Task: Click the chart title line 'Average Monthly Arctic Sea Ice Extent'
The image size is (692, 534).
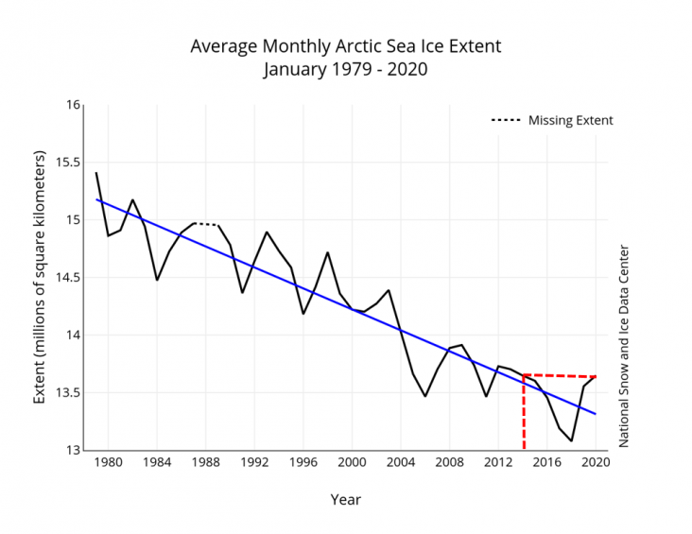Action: [345, 46]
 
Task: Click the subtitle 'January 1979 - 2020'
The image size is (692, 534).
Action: [345, 69]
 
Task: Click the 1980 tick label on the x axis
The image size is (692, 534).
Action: [109, 463]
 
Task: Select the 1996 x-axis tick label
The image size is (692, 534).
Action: [303, 463]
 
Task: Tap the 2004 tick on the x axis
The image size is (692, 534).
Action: [400, 463]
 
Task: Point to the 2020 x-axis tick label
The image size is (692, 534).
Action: [595, 463]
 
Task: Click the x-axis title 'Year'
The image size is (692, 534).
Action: [345, 499]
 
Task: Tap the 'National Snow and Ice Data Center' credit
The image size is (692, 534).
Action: [624, 347]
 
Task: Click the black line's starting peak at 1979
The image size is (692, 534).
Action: [96, 173]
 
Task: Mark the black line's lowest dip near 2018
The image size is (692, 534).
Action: [571, 440]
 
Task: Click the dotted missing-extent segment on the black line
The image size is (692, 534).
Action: [206, 224]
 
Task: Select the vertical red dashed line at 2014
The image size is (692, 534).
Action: [524, 416]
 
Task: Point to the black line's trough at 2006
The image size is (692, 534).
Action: [425, 395]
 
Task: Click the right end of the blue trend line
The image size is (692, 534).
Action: [596, 414]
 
